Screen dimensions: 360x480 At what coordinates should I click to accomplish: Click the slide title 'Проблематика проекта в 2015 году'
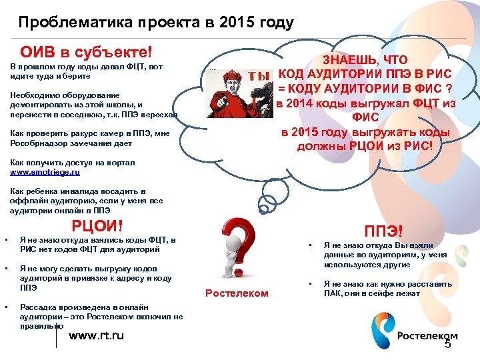point(156,23)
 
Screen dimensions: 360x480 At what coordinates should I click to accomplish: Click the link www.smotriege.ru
point(45,172)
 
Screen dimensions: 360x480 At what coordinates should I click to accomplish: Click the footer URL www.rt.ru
point(97,335)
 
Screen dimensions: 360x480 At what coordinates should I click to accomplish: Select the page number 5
point(447,344)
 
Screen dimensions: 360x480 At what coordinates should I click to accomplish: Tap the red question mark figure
point(239,250)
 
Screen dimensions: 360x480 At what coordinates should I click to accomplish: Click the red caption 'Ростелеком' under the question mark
point(237,293)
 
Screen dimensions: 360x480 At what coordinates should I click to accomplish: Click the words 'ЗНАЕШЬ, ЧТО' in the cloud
point(365,60)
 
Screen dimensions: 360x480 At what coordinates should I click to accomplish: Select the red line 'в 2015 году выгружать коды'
point(365,132)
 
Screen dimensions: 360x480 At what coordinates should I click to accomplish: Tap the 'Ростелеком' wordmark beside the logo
point(427,335)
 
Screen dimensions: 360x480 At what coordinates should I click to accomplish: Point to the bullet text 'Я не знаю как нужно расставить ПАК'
point(388,289)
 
